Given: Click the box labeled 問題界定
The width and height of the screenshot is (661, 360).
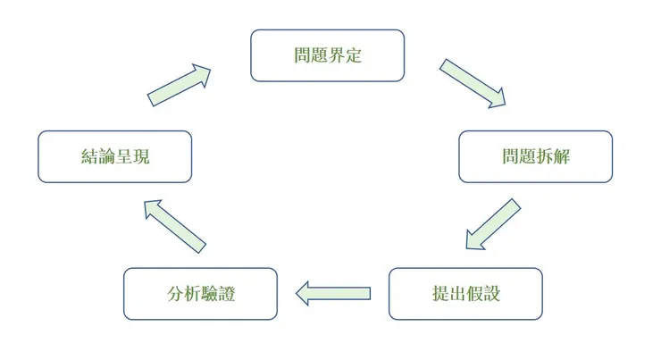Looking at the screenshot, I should pos(327,55).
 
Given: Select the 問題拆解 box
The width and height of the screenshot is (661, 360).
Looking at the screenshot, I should pos(535,156).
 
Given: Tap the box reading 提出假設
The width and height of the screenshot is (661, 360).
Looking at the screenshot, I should pos(465,294).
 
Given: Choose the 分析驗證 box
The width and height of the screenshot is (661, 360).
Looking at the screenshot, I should pos(200,294).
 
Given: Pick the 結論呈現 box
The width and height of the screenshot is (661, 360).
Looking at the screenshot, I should pos(114,156).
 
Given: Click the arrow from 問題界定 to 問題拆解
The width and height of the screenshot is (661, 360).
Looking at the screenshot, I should pos(473,83).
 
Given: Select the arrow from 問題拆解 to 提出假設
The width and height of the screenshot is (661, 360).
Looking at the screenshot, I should pos(493,226).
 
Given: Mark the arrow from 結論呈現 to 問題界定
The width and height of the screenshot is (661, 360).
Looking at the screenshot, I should pos(180,85).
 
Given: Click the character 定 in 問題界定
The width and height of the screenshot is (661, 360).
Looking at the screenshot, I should pos(353,55).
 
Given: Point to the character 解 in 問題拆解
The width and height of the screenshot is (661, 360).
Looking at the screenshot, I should pos(561,157).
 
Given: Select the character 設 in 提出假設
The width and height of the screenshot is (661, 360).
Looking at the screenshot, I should pos(490,294).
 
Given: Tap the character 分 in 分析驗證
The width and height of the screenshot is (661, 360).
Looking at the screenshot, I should pos(175,294).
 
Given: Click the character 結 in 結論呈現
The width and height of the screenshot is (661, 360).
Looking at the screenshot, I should pos(89,157).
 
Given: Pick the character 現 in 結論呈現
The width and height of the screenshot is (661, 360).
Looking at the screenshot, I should pos(140,157).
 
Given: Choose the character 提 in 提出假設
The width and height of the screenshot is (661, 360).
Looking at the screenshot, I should pos(439,294).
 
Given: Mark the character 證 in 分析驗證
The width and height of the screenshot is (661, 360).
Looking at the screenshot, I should pos(226,294).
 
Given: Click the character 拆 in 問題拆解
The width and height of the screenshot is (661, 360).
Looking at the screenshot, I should pos(544,157).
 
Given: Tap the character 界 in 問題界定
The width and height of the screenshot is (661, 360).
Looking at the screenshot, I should pos(336,55).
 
